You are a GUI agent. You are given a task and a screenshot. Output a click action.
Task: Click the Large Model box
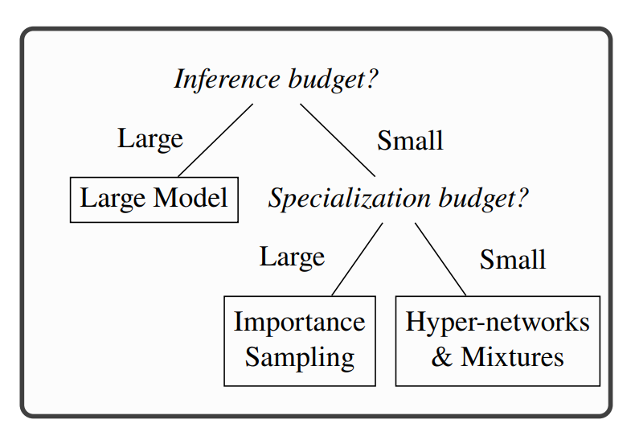(x=154, y=199)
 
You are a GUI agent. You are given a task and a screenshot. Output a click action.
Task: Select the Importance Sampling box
(x=299, y=340)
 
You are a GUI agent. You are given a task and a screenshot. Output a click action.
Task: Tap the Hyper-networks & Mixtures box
(x=498, y=340)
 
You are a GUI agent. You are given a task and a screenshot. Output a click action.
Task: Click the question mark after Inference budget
(x=373, y=80)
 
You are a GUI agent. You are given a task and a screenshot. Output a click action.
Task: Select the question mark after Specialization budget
(x=522, y=199)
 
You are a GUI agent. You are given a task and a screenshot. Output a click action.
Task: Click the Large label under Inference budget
(x=150, y=138)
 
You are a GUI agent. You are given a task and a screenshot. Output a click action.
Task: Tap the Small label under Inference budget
(x=410, y=141)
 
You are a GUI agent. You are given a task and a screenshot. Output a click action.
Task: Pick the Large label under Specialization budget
(x=292, y=257)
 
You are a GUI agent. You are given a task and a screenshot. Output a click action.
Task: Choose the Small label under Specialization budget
(x=513, y=260)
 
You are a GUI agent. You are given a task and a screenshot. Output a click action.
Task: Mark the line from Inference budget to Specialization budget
(x=338, y=140)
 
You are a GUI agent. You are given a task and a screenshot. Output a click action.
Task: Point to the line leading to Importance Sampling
(x=356, y=260)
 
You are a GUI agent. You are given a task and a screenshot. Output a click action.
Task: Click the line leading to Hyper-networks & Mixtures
(x=440, y=260)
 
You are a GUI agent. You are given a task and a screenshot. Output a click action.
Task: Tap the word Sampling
(x=300, y=357)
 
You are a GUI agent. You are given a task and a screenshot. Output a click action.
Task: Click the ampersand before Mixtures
(x=441, y=357)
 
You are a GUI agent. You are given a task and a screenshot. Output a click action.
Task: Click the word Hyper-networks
(x=498, y=323)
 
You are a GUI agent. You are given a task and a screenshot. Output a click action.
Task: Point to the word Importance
(x=299, y=323)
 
